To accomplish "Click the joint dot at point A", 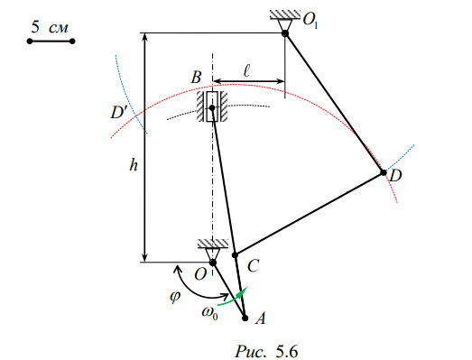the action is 245,318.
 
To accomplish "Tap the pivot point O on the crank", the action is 213,263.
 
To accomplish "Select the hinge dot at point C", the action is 235,255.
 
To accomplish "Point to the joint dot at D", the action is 384,172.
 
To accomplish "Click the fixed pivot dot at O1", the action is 285,33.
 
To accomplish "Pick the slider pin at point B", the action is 212,107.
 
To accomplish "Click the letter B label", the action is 196,77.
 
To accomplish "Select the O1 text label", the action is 310,20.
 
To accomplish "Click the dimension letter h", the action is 134,165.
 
